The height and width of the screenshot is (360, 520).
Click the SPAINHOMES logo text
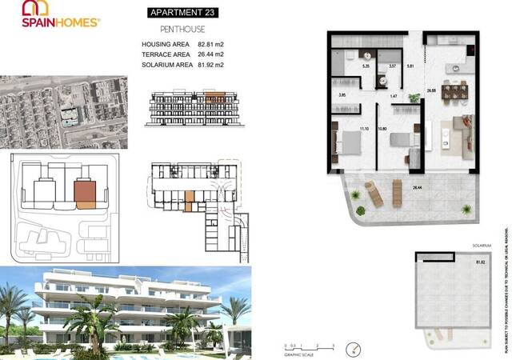[60, 23]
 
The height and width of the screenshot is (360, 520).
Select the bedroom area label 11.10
[363, 129]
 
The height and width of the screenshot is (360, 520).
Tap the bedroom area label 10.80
[382, 129]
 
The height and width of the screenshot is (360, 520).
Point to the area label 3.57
[392, 67]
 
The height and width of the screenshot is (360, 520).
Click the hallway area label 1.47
[394, 96]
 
